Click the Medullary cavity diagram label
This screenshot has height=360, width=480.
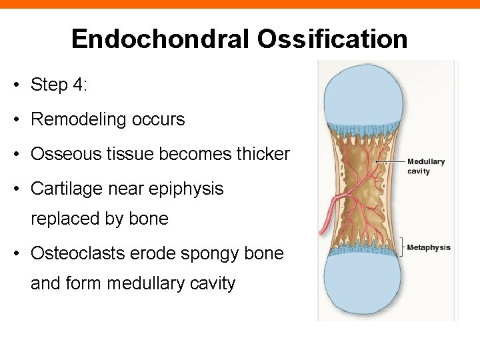point(425,166)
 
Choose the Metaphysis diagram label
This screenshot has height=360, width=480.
point(429,247)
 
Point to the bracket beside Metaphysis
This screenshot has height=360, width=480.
point(401,247)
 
